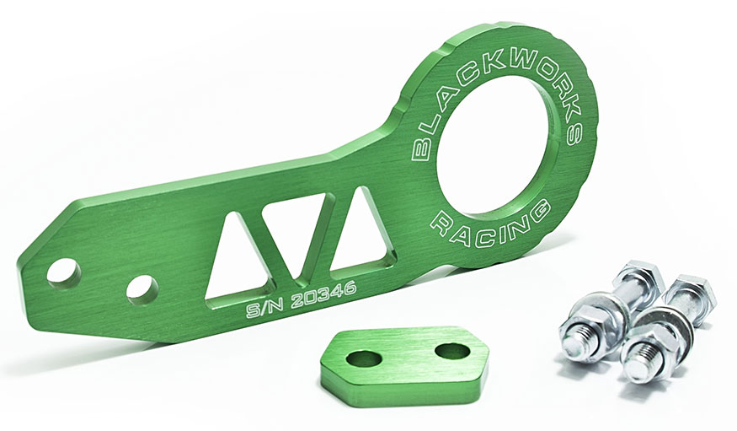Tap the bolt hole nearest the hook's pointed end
pyautogui.click(x=63, y=272)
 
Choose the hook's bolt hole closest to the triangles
pyautogui.click(x=142, y=289)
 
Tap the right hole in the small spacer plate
pyautogui.click(x=452, y=351)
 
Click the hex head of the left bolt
pyautogui.click(x=638, y=278)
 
